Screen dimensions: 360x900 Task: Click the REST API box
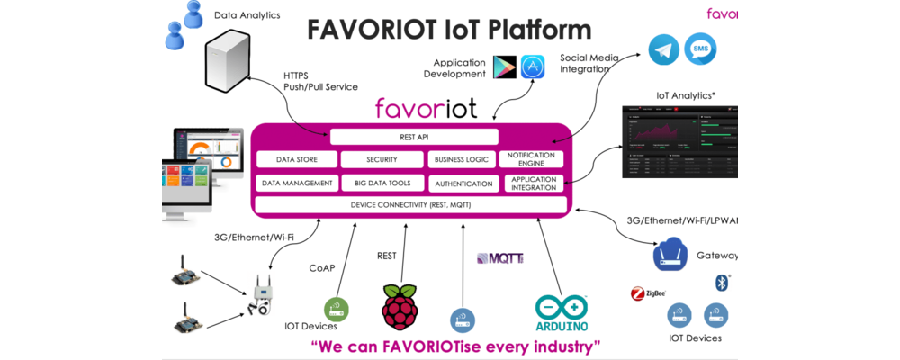pyautogui.click(x=414, y=137)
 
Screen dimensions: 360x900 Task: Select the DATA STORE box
pyautogui.click(x=297, y=159)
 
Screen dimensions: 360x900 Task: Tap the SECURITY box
pyautogui.click(x=382, y=159)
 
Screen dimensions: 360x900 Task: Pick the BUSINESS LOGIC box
pyautogui.click(x=462, y=159)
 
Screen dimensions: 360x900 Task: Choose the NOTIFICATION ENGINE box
pyautogui.click(x=530, y=159)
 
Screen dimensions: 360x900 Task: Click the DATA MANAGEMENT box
pyautogui.click(x=297, y=183)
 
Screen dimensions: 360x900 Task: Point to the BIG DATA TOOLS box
pyautogui.click(x=382, y=183)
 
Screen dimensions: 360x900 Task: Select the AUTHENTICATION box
pyautogui.click(x=462, y=184)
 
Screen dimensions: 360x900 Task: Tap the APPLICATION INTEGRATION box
pyautogui.click(x=530, y=184)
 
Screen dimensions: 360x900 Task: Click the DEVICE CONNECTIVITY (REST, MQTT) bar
pyautogui.click(x=410, y=205)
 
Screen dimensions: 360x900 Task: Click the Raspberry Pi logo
pyautogui.click(x=400, y=306)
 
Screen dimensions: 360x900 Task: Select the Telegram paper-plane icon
pyautogui.click(x=664, y=49)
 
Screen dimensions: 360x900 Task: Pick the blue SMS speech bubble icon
pyautogui.click(x=700, y=49)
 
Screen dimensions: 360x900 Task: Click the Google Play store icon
pyautogui.click(x=504, y=67)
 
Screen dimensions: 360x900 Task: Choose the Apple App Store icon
pyautogui.click(x=533, y=67)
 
